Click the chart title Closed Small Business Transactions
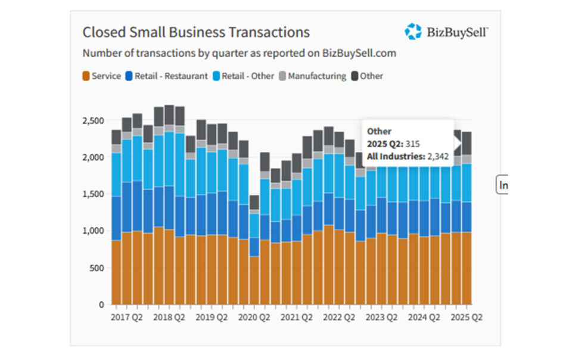pyautogui.click(x=196, y=32)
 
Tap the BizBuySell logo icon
pyautogui.click(x=413, y=32)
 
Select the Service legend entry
pyautogui.click(x=102, y=76)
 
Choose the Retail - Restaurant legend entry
pyautogui.click(x=166, y=76)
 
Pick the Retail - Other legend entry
pyautogui.click(x=243, y=76)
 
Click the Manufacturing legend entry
pyautogui.click(x=313, y=76)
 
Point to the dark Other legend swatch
pyautogui.click(x=355, y=76)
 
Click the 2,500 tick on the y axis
pyautogui.click(x=93, y=121)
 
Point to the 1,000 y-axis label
pyautogui.click(x=93, y=231)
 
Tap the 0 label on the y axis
pyautogui.click(x=101, y=305)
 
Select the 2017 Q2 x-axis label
pyautogui.click(x=126, y=317)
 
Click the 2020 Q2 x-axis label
pyautogui.click(x=254, y=317)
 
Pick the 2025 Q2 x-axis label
pyautogui.click(x=466, y=317)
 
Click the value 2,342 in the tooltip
pyautogui.click(x=438, y=157)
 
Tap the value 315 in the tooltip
pyautogui.click(x=412, y=144)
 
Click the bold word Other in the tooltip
pyautogui.click(x=379, y=131)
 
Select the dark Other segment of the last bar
pyautogui.click(x=467, y=143)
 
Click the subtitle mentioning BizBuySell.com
pyautogui.click(x=240, y=53)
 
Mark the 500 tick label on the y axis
pyautogui.click(x=97, y=268)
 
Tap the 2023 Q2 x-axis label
pyautogui.click(x=381, y=317)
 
